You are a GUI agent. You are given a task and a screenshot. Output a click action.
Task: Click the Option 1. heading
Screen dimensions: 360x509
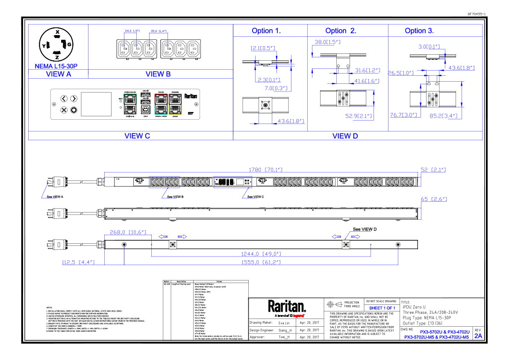[x=266, y=31]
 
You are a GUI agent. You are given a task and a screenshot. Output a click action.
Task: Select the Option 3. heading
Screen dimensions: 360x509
[x=419, y=31]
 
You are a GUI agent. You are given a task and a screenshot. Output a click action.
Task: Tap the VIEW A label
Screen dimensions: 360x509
[x=58, y=74]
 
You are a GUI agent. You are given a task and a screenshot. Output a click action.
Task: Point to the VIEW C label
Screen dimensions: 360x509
[x=137, y=136]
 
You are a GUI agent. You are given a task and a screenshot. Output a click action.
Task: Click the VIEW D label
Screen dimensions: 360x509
[x=345, y=136]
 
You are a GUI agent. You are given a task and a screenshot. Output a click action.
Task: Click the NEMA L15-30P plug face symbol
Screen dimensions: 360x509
[x=57, y=44]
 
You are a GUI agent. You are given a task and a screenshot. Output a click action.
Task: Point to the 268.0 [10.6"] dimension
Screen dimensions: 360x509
[x=128, y=232]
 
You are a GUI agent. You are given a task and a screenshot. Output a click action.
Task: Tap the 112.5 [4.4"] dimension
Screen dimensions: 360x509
[x=78, y=262]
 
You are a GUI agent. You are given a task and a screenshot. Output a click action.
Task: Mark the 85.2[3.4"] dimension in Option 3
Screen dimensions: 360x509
[x=444, y=115]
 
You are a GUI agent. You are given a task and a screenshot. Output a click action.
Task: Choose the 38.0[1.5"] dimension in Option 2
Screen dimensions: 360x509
[x=327, y=42]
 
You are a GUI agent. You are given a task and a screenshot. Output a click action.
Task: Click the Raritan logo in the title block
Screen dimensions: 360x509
[x=287, y=307]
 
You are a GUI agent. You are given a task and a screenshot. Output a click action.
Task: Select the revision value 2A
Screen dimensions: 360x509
[x=478, y=336]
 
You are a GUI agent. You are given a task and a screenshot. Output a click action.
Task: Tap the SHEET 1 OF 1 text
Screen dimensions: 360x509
[x=382, y=308]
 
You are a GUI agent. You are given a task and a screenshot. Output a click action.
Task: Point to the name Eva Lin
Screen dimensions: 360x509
[x=284, y=323]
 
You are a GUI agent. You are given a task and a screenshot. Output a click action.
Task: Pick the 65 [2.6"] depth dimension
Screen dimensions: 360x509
[x=434, y=199]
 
